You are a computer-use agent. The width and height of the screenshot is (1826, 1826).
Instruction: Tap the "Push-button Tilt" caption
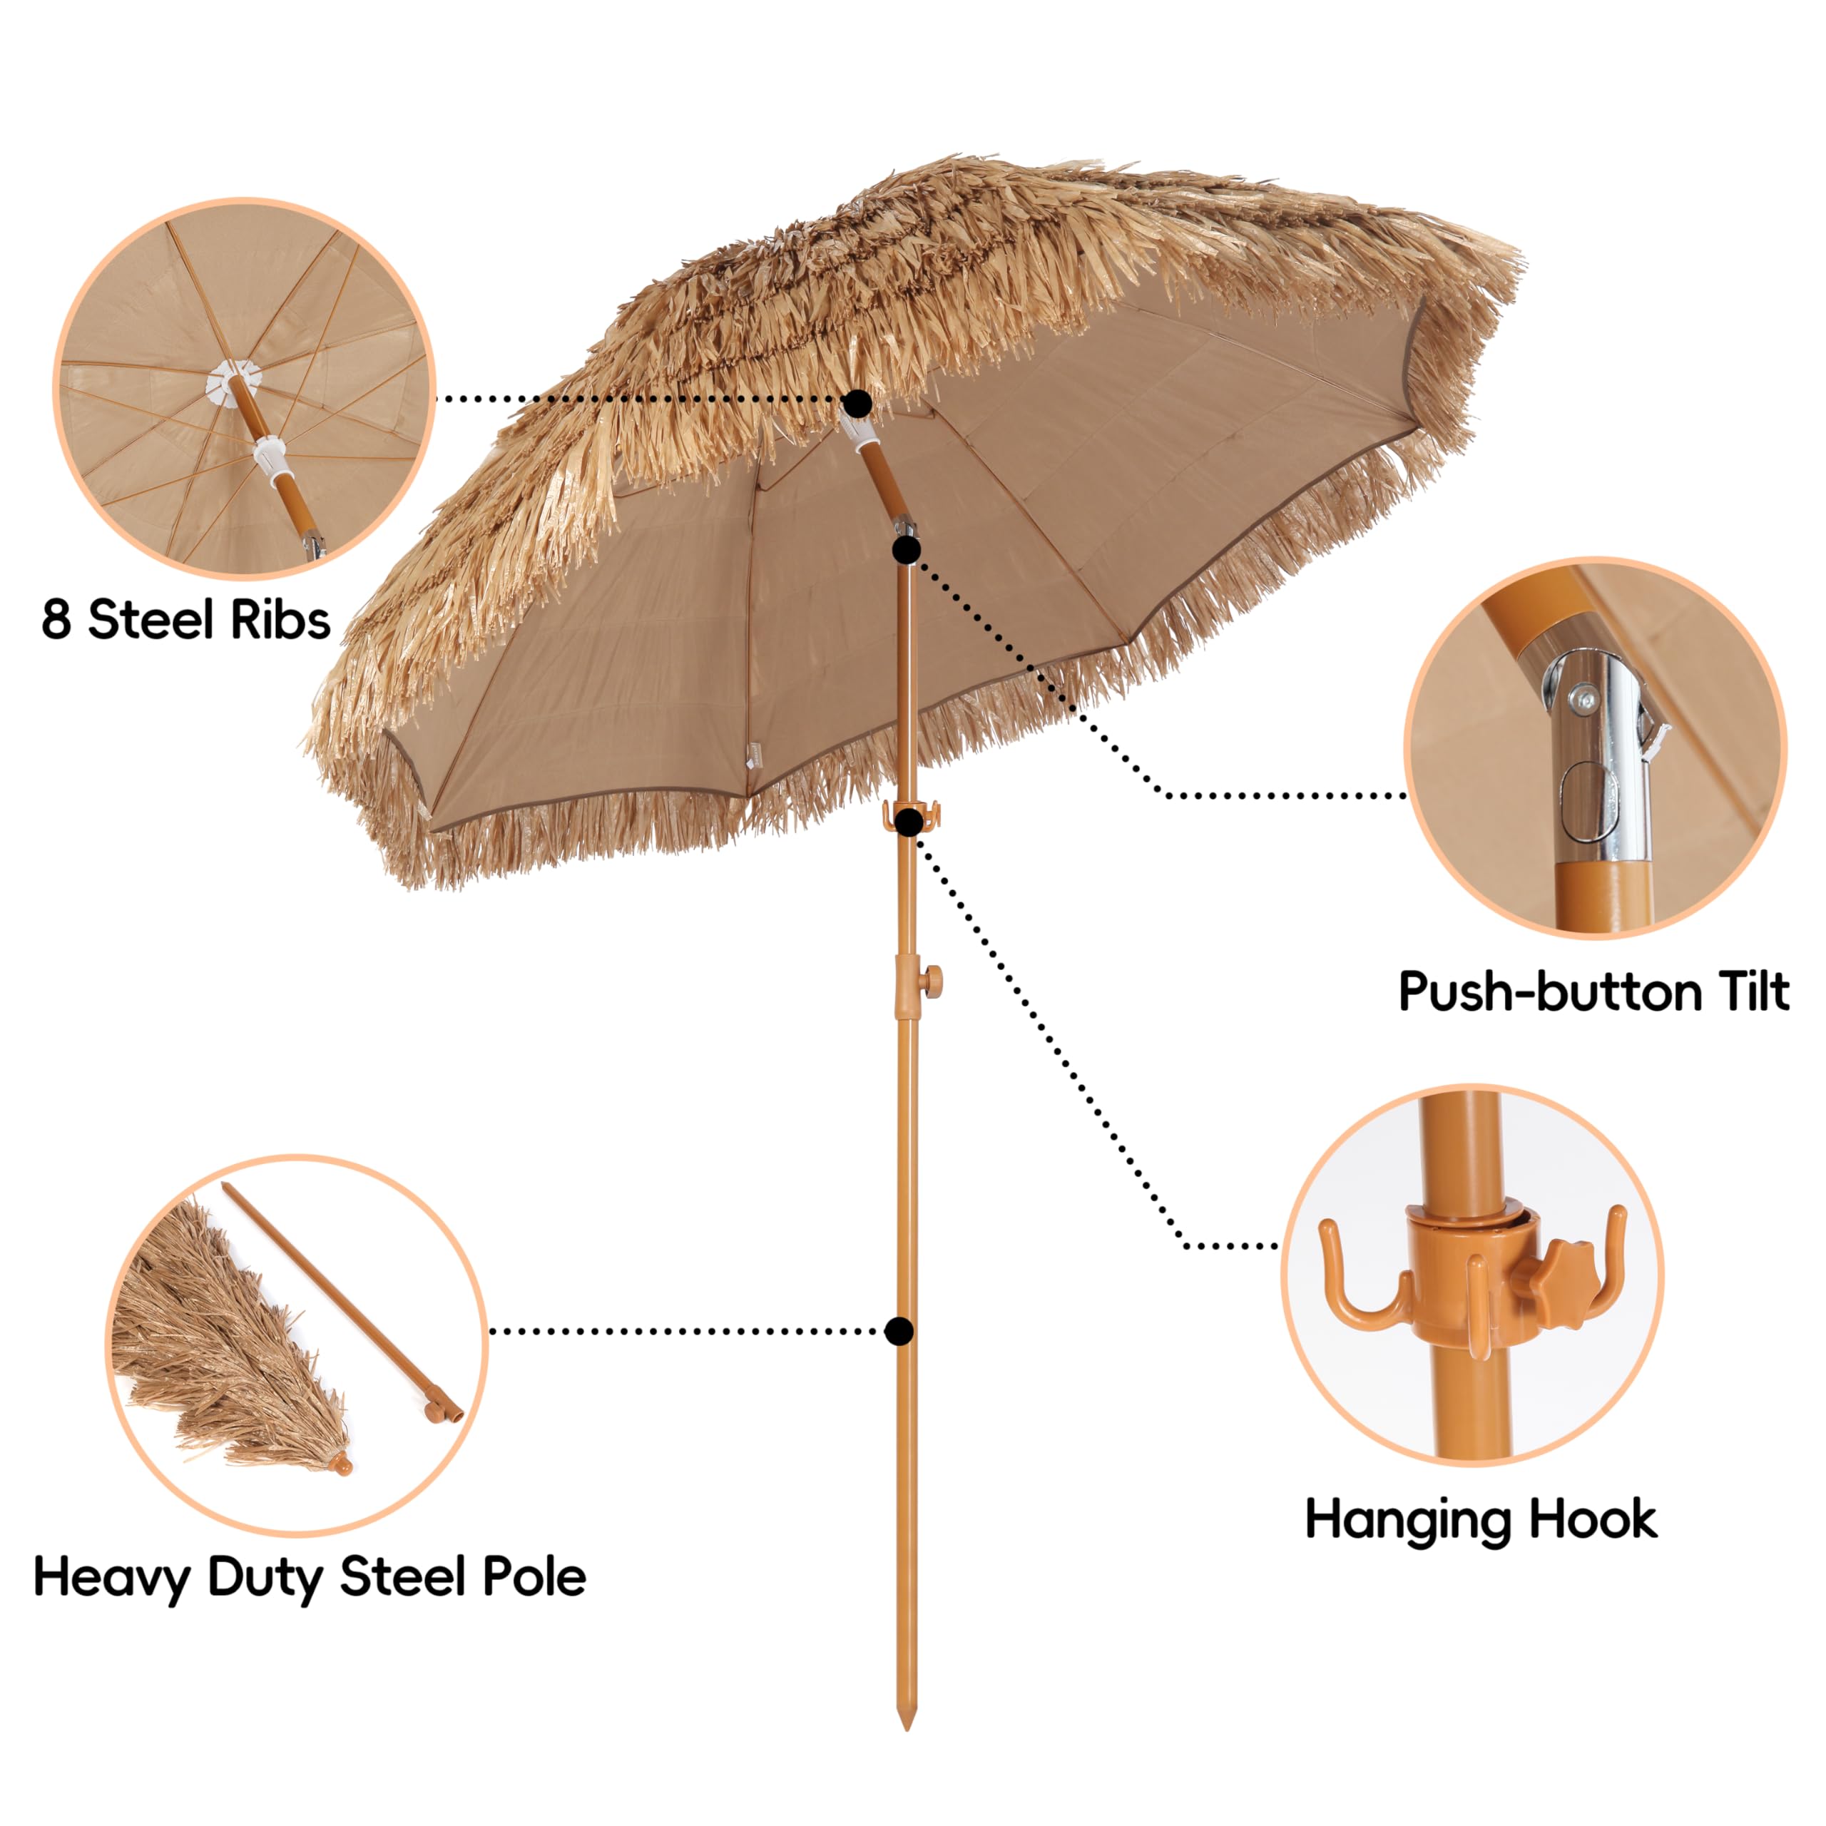pos(1593,992)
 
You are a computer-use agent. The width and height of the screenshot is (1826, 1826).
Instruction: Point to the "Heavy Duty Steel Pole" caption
pos(310,1578)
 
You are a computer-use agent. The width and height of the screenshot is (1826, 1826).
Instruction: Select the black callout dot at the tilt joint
pos(907,550)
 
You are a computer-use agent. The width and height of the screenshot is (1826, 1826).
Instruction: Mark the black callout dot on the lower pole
pos(899,1332)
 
